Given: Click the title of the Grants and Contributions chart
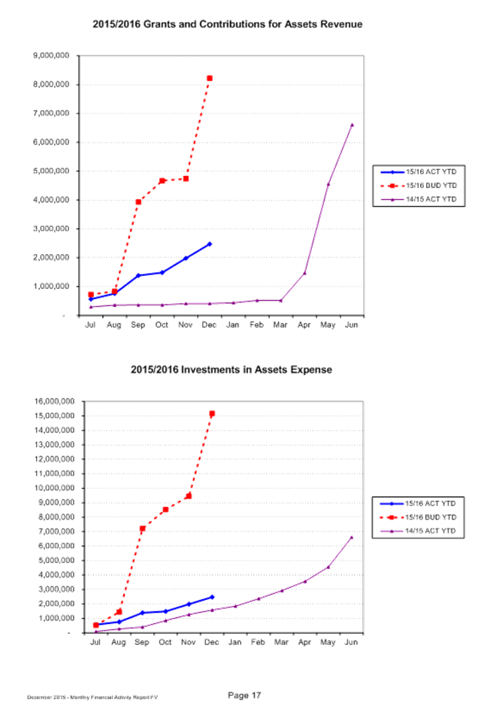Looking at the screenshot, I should point(227,25).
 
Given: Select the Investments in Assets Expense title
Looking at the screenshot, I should point(231,370).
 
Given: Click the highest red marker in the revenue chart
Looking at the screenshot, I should point(210,78).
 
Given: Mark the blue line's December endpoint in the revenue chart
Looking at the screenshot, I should point(210,244).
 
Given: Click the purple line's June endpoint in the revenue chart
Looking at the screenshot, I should point(352,124).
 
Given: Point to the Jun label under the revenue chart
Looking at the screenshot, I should point(351,325).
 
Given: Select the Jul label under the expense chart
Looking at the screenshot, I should point(95,642).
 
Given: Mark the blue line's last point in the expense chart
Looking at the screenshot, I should point(212,597).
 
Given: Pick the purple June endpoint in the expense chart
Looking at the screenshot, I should point(352,537).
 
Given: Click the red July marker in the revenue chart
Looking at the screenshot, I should point(92,295).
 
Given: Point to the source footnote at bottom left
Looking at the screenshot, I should point(92,698).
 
